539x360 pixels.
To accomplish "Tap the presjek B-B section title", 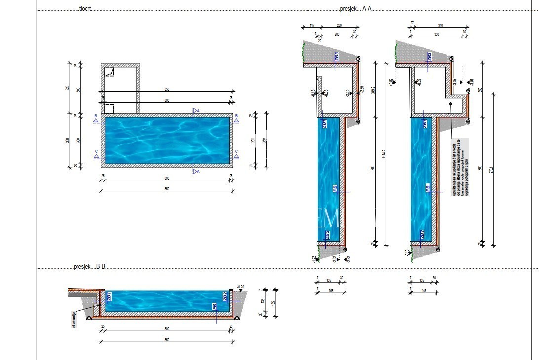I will tap(89, 267).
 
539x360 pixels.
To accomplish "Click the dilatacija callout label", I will tap(74, 319).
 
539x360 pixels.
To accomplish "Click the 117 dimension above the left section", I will tap(312, 25).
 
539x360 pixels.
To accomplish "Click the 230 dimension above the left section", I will tap(340, 25).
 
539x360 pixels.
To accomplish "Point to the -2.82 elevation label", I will tap(348, 259).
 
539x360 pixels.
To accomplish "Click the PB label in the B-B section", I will tap(215, 306).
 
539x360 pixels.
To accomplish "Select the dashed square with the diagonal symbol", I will tap(109, 72).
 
